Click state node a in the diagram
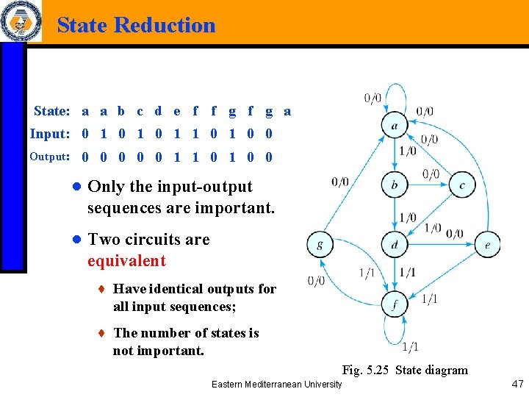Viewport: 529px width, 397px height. pos(395,125)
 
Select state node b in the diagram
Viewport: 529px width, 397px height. pos(395,185)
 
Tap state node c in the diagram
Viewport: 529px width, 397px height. pos(462,185)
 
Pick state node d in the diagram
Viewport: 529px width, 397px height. pos(395,245)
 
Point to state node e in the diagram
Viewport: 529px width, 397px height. pos(488,245)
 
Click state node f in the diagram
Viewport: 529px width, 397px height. pos(395,304)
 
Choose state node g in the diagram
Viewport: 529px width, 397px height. pos(320,245)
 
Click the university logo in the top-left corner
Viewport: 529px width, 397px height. pos(20,21)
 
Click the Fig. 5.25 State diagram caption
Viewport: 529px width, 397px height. pos(405,370)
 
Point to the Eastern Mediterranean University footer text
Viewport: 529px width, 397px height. pos(276,385)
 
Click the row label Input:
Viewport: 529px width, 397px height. pos(50,134)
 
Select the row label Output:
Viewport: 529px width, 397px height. pos(49,157)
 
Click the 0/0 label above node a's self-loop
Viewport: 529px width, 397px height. pos(373,98)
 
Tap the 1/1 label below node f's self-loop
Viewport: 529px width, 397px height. pos(411,347)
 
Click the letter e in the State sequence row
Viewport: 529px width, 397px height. pos(177,112)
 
